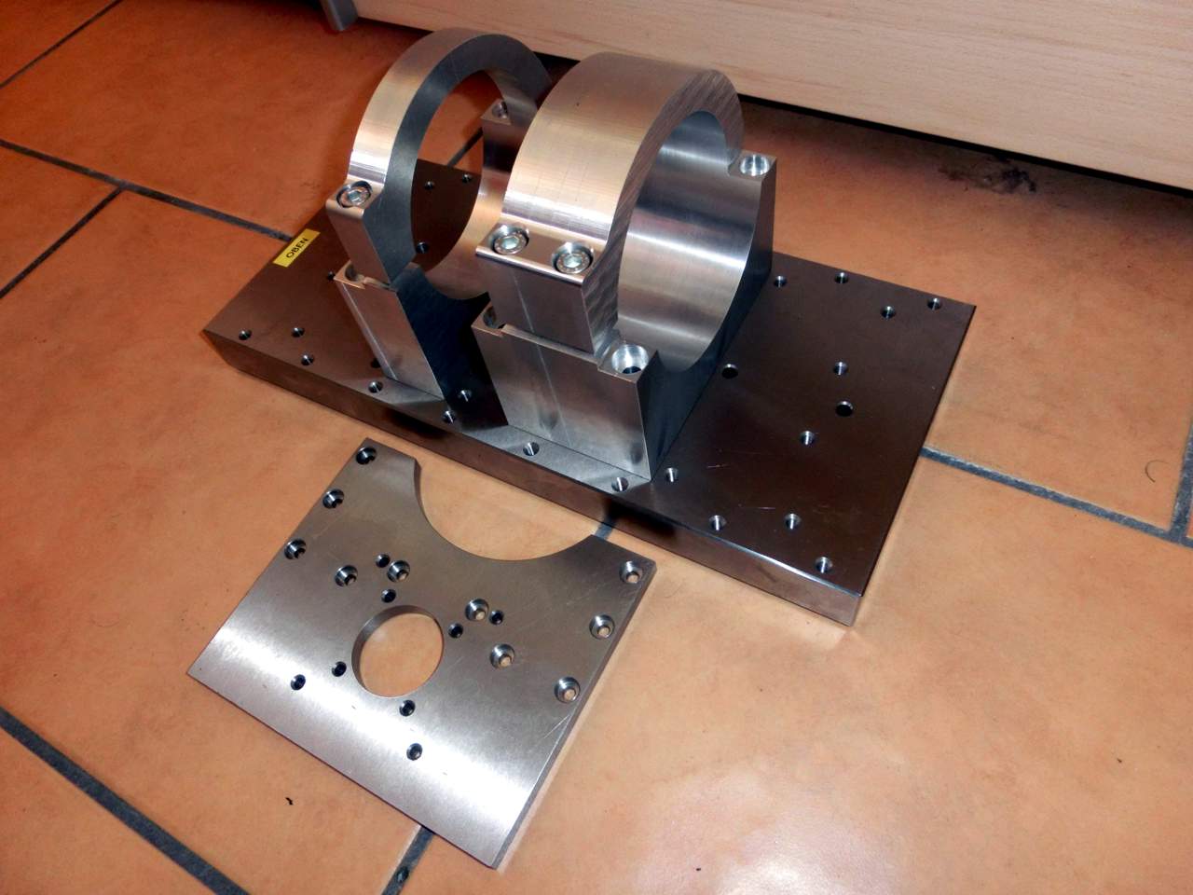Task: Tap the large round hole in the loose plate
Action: click(x=397, y=651)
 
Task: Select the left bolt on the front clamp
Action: click(x=510, y=239)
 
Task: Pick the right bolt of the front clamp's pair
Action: click(x=572, y=259)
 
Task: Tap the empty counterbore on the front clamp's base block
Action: click(x=629, y=359)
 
